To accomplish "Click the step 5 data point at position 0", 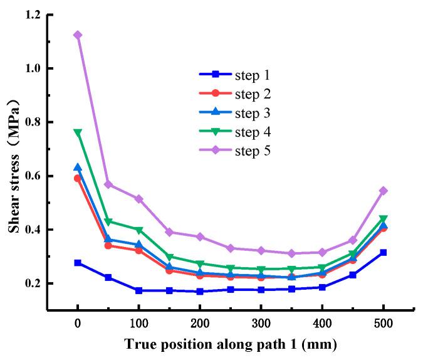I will (x=78, y=35).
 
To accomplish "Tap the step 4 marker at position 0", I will (x=78, y=132).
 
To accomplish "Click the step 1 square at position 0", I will (x=78, y=263).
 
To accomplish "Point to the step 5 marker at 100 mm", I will (x=138, y=199).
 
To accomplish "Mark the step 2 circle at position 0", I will (x=78, y=178).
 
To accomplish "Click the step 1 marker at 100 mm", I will (x=138, y=290).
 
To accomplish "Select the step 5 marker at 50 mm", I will (x=108, y=184).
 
